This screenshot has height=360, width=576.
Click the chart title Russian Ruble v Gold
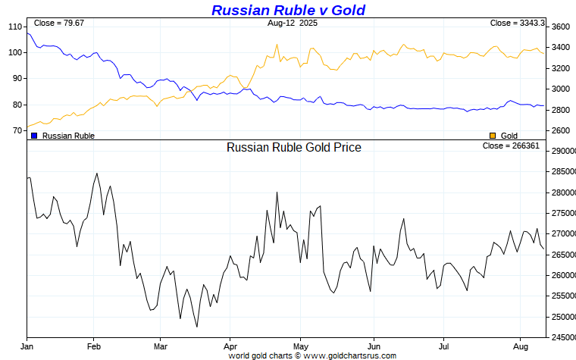(x=288, y=10)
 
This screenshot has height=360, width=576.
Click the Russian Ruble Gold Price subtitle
(x=294, y=147)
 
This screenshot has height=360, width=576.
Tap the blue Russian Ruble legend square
(x=34, y=136)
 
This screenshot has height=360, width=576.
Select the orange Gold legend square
(x=493, y=136)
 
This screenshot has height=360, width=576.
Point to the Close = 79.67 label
(x=59, y=23)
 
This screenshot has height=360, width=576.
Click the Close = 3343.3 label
(x=518, y=23)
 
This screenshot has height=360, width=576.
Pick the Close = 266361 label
(x=511, y=146)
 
